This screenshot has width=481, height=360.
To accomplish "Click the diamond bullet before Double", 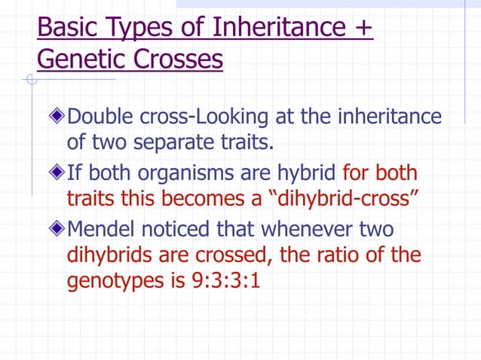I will [x=58, y=117].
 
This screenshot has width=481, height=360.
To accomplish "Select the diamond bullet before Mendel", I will [x=58, y=229].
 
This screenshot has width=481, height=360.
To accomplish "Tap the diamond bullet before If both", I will [x=58, y=173].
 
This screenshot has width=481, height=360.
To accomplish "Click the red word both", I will [x=397, y=173].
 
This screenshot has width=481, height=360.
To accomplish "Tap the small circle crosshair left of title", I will [x=29, y=80].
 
